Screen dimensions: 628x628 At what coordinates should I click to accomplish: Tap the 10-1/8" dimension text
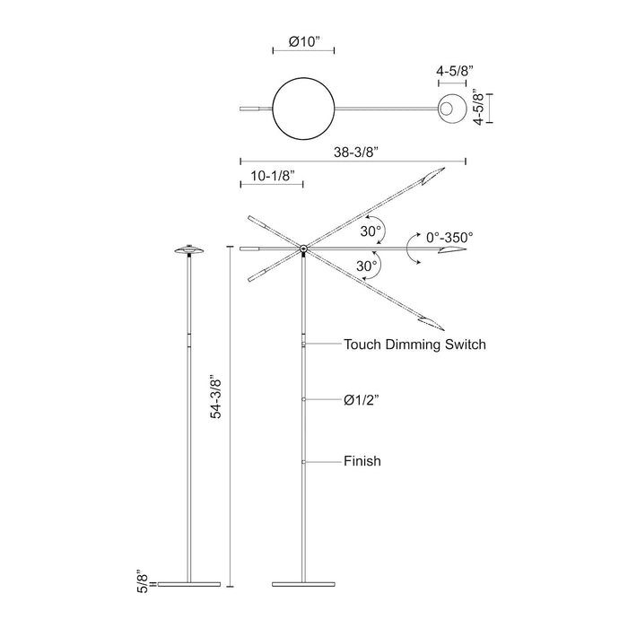coord(271,177)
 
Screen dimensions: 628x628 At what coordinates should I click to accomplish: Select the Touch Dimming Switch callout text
coord(414,344)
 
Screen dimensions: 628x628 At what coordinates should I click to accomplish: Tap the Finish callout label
coord(362,461)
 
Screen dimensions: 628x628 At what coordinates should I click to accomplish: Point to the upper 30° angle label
coord(371,231)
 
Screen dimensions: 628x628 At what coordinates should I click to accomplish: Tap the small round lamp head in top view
coord(449,109)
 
